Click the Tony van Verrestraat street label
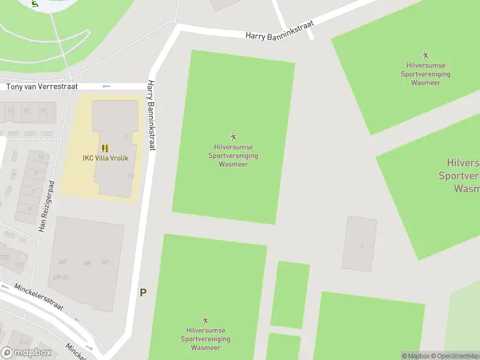tap(42, 87)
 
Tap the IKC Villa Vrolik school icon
tap(105, 148)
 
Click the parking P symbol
tap(143, 293)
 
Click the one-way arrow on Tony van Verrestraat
tap(106, 86)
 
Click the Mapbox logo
tap(26, 353)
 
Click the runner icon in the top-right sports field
tap(425, 55)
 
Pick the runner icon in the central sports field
tap(233, 137)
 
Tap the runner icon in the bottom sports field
tap(205, 320)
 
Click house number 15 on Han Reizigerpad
tap(41, 157)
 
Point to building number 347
tap(104, 262)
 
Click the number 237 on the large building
tap(62, 262)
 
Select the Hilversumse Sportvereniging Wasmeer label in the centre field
tap(233, 155)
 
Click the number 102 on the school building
tap(130, 176)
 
